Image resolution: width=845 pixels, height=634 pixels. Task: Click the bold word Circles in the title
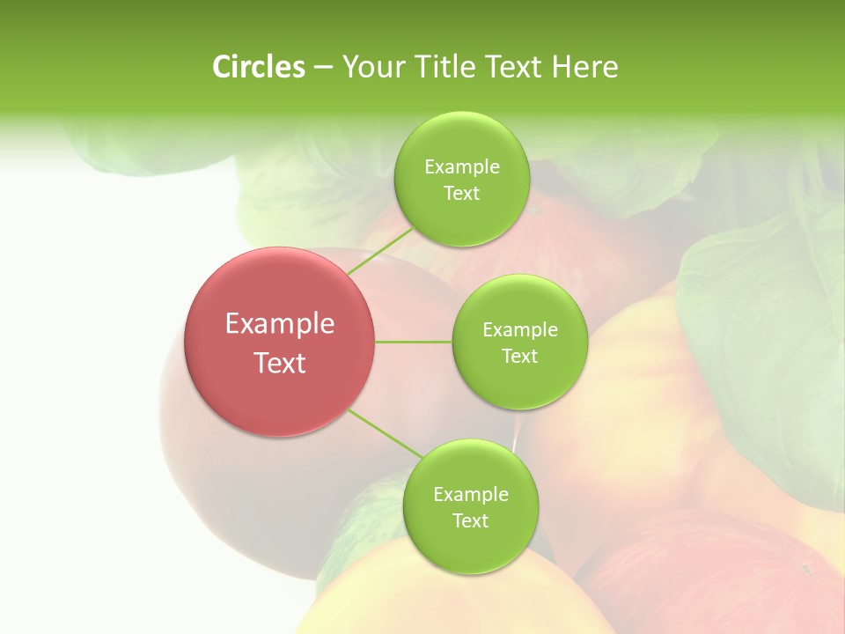point(258,67)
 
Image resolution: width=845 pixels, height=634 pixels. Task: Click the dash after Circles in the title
point(323,68)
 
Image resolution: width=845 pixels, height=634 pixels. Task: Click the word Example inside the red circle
point(280,324)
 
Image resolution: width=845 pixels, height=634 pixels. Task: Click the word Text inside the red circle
point(280,363)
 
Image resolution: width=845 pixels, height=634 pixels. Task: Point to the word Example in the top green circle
point(461,167)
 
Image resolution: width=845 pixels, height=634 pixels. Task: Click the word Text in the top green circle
point(461,194)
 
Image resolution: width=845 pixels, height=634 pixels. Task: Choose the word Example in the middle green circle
point(519,330)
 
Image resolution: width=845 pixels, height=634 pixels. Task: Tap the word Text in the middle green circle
point(519,357)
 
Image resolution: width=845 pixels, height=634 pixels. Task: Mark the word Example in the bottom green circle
point(470,495)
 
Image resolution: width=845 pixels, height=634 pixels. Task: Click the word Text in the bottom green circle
point(470,521)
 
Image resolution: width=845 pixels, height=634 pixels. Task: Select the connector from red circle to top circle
point(379,251)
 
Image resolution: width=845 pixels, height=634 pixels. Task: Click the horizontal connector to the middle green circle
point(414,342)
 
